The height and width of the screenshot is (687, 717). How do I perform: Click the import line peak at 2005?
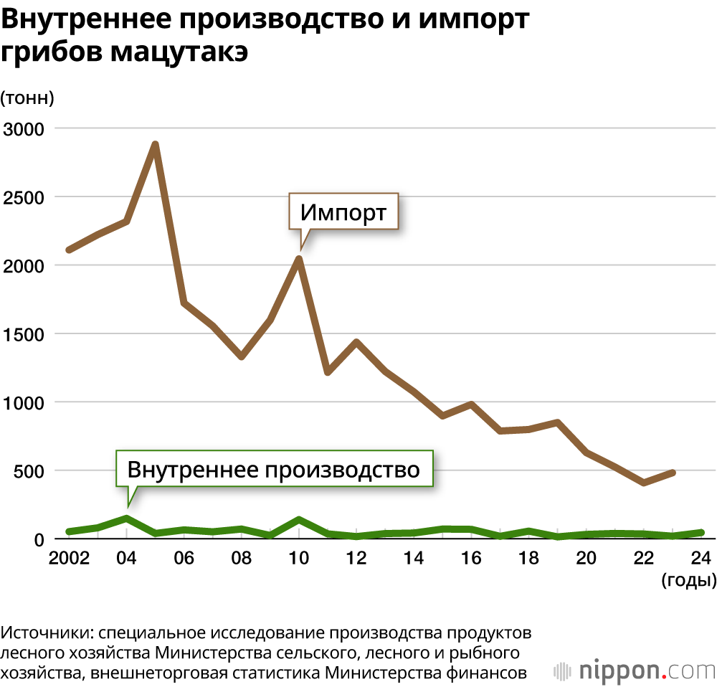pos(155,145)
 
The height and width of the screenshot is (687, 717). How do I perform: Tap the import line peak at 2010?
pos(299,258)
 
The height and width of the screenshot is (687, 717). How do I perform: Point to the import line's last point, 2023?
pos(673,472)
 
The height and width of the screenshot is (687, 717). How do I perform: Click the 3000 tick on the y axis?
pos(24,129)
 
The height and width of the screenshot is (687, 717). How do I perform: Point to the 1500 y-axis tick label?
pos(24,334)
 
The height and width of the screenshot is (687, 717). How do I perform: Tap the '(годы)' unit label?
pos(688,580)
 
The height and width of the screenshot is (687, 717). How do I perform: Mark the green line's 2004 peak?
pos(126,518)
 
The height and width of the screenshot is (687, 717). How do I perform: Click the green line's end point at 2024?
pos(701,532)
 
